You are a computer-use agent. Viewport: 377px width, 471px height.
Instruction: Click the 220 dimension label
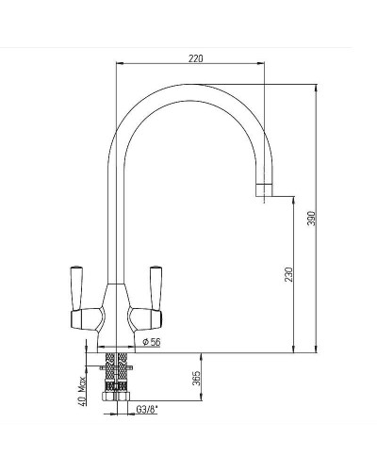(196, 58)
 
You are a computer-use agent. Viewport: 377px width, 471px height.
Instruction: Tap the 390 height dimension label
(311, 219)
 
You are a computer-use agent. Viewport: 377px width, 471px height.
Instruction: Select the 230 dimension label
(288, 274)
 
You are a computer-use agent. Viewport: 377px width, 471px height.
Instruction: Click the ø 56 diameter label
(151, 342)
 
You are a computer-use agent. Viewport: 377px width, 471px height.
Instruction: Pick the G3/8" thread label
(147, 410)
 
